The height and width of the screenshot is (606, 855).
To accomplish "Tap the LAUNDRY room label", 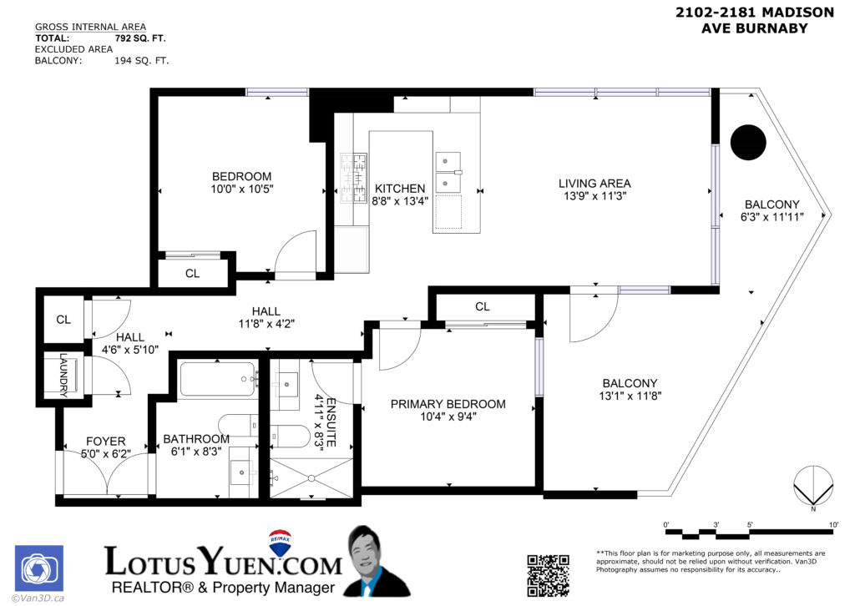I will coord(63,376).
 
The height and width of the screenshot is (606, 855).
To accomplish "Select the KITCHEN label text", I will coord(399,189).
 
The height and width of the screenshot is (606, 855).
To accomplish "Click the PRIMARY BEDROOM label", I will coord(448,404).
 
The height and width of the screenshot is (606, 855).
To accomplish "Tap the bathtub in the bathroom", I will coord(217,379).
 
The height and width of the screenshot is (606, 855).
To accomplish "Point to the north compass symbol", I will coord(812,487).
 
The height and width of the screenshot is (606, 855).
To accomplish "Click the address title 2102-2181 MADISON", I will coord(754,12).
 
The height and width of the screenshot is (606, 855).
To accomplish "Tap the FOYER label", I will coord(106,442).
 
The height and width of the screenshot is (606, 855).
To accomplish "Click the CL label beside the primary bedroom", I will coord(482,306).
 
